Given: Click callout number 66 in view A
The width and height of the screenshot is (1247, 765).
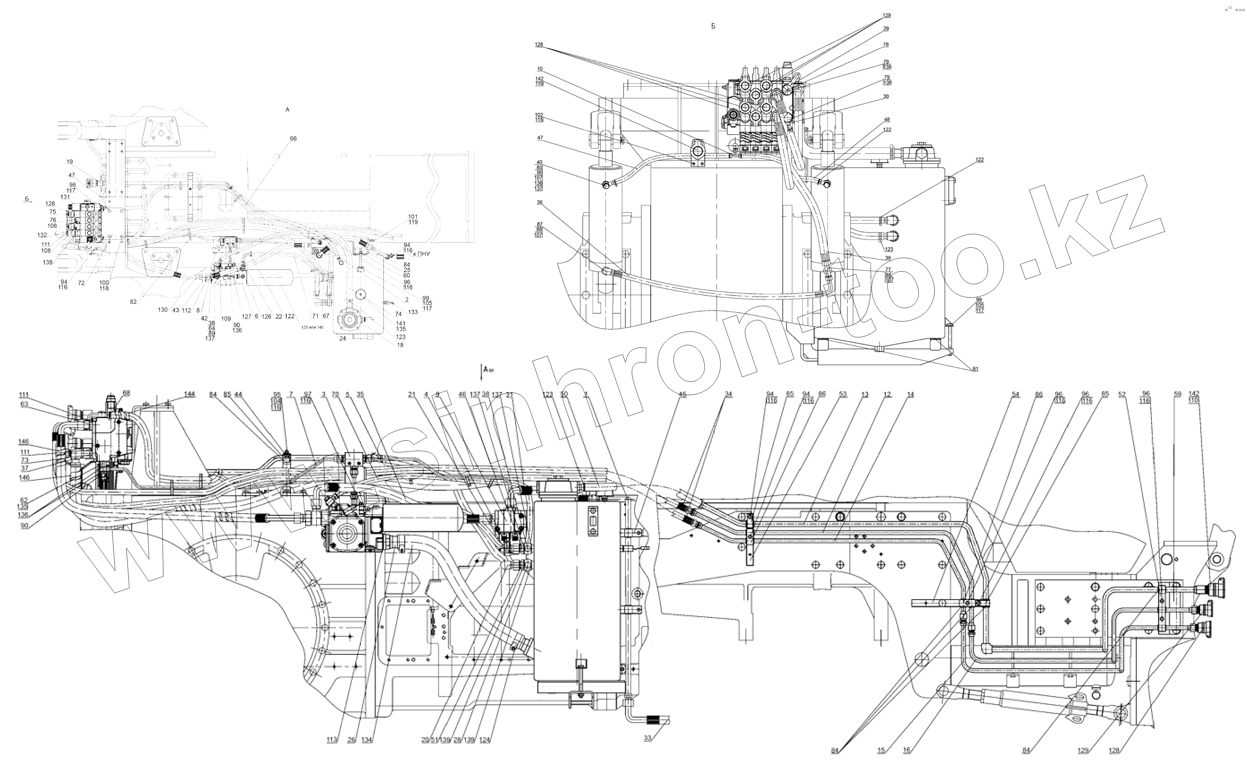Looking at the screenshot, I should pos(293,138).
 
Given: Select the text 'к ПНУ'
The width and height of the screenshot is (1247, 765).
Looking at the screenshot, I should pos(421,254).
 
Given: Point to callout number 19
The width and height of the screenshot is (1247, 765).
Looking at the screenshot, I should pos(70,162).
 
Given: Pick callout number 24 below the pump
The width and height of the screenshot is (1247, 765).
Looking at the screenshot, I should pos(343,338).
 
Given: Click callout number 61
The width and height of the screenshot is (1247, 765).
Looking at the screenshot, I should pos(974,369).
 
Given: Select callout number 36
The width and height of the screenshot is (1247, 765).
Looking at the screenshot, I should pos(540,202).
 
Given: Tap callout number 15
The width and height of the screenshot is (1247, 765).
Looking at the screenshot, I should pos(881,750).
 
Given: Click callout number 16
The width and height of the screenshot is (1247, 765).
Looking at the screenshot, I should pos(906,750).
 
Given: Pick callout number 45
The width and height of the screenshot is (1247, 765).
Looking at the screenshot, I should pos(683,394).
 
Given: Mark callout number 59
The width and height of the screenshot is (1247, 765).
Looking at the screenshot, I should pos(1177,394).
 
